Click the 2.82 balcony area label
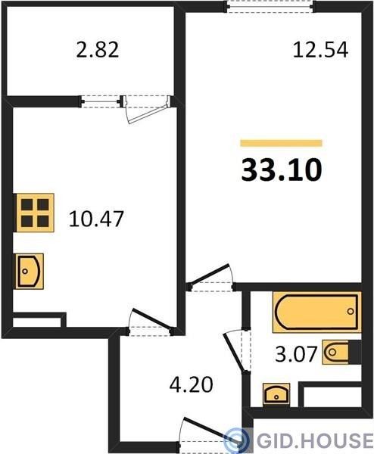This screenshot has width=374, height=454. click(x=98, y=50)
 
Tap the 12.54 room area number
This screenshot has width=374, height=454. click(x=320, y=50)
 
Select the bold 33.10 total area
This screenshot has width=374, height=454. click(x=282, y=170)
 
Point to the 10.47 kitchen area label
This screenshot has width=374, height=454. click(x=96, y=219)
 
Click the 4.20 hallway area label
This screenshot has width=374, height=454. click(x=192, y=384)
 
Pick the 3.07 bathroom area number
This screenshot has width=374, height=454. click(x=295, y=354)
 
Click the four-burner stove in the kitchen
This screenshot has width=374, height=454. click(x=36, y=213)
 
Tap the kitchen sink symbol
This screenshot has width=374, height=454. click(x=30, y=272)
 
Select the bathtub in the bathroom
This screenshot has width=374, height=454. click(x=316, y=312)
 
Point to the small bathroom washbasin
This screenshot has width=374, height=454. click(x=276, y=393)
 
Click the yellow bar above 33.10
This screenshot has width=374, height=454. click(x=282, y=143)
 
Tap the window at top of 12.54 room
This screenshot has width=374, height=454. click(x=270, y=6)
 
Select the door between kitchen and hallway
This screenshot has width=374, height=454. click(x=151, y=322)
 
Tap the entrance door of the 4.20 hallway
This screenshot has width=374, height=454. click(x=210, y=434)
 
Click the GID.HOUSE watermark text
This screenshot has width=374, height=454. click(x=315, y=440)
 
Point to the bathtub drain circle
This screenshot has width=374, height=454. click(x=351, y=312)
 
